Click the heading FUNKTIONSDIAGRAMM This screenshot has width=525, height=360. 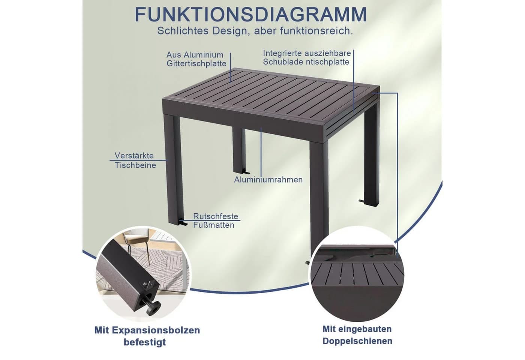point(251,15)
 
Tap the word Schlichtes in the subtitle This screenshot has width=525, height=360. point(183,31)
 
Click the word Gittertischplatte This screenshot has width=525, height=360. point(196,64)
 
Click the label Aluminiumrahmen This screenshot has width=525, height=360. point(268,180)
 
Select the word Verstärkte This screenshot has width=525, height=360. point(134,155)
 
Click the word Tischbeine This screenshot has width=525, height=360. point(135,165)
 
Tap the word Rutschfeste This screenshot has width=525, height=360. point(216,216)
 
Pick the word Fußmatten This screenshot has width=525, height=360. point(214,225)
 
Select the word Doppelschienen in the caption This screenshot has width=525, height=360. point(357,341)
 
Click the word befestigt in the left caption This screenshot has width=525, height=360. point(145,342)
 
